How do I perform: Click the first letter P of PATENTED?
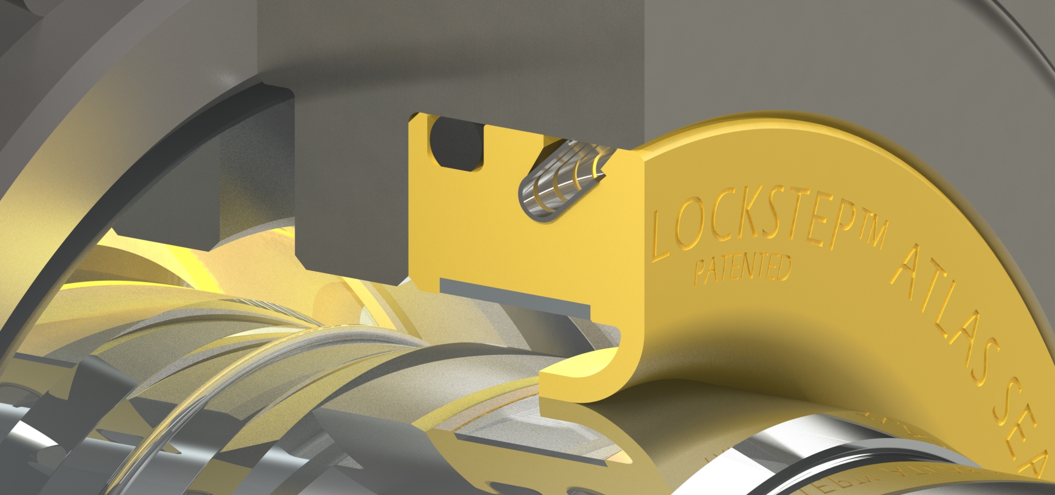coord(699,273)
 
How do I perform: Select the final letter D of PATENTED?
coord(783,267)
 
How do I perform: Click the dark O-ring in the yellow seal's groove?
coord(457,144)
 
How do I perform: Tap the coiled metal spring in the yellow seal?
coord(560,181)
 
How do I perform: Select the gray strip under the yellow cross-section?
coord(513,296)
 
